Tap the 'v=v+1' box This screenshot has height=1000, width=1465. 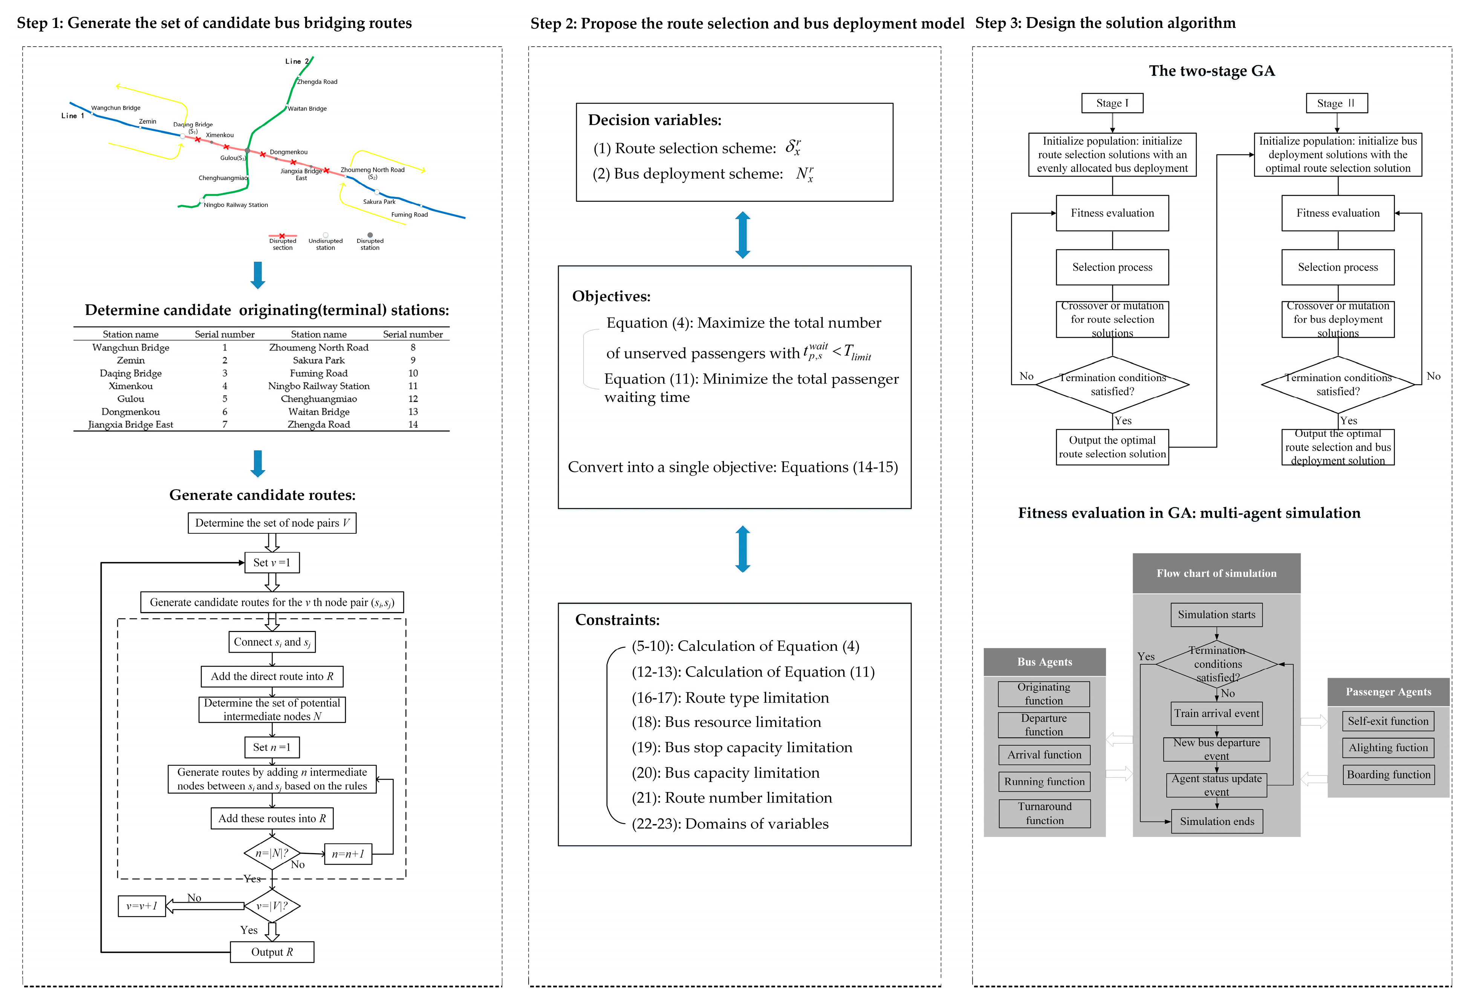(142, 906)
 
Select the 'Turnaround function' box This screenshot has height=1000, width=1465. (1044, 814)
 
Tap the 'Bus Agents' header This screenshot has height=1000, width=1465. (1044, 662)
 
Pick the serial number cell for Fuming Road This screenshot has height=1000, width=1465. (413, 373)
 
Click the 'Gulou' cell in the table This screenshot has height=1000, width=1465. (130, 399)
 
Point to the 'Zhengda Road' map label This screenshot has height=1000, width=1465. (317, 82)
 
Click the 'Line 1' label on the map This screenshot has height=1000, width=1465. (72, 116)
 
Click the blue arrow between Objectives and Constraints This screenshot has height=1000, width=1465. (743, 549)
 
